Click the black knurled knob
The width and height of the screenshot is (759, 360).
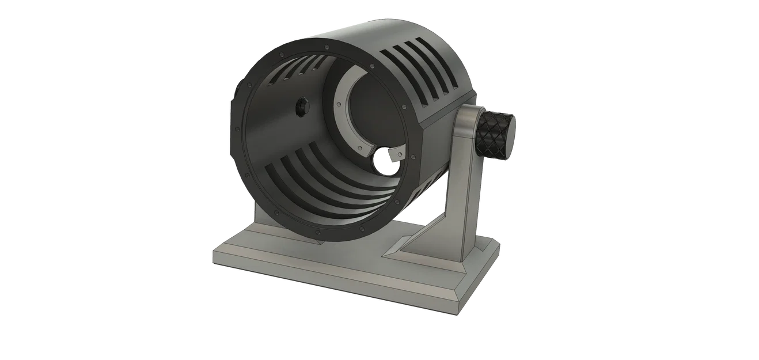coord(494,132)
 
